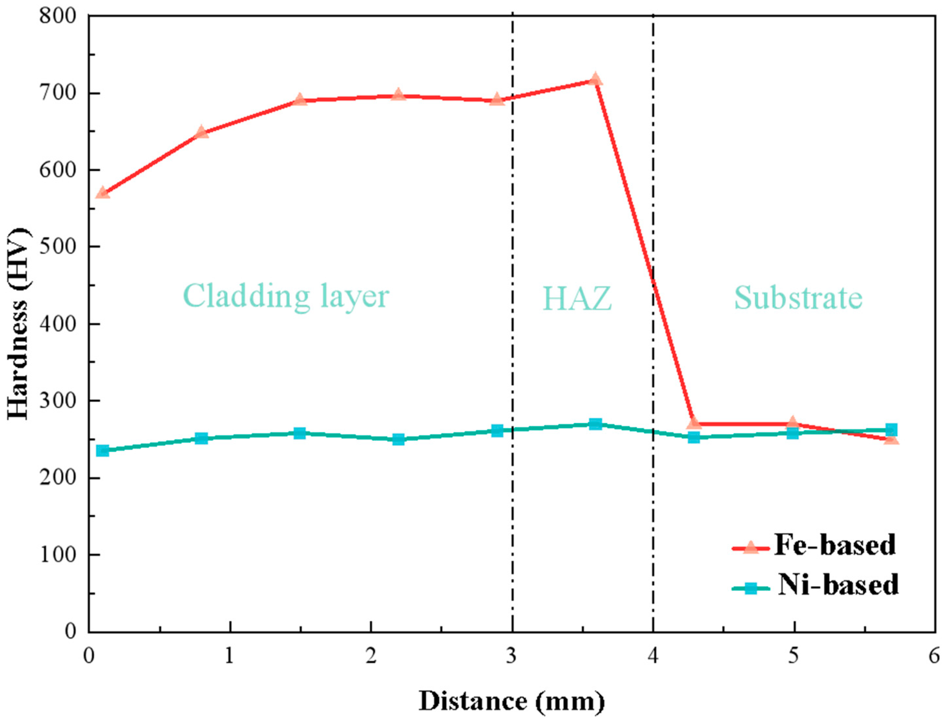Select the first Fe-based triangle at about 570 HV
pyautogui.click(x=103, y=193)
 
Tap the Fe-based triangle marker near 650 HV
pyautogui.click(x=202, y=133)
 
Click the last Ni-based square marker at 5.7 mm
pyautogui.click(x=891, y=430)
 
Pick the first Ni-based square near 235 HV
pyautogui.click(x=103, y=451)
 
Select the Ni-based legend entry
pyautogui.click(x=814, y=585)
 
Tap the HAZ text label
pyautogui.click(x=577, y=299)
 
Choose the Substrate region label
pyautogui.click(x=798, y=298)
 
